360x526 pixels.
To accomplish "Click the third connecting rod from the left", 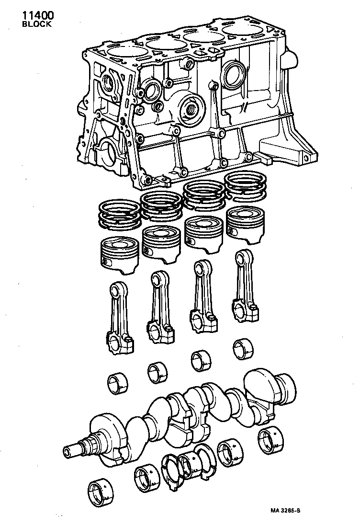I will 202,297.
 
